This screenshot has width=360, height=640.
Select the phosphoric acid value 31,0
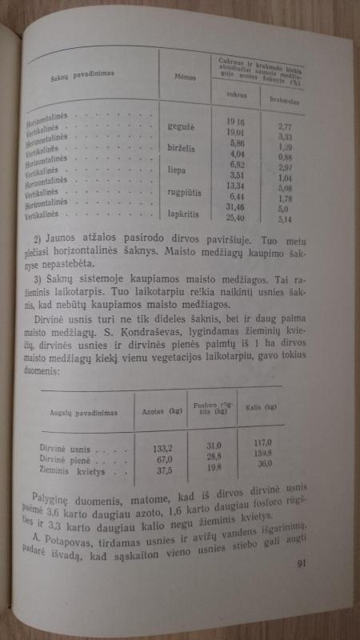click(x=212, y=444)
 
